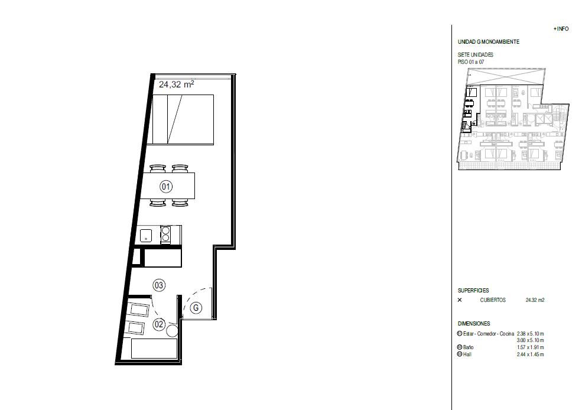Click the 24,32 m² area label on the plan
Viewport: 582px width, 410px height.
coord(176,84)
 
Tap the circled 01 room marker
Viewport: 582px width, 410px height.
coord(166,186)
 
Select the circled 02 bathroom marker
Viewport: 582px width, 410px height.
coord(159,324)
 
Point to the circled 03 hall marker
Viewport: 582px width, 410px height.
coord(159,285)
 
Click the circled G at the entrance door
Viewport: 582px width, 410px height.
coord(196,308)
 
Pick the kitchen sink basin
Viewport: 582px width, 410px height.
coord(146,236)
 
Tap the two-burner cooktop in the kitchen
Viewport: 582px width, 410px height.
coord(165,235)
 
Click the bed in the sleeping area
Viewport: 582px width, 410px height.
coord(180,119)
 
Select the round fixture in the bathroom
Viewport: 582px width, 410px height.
coord(172,330)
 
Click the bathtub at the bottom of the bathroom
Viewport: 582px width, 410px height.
coord(154,349)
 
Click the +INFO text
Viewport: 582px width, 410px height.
coord(561,28)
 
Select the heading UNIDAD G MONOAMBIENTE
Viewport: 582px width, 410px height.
coord(489,42)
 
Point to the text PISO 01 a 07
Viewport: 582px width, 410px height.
coord(471,62)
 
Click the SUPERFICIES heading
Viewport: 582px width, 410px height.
coord(473,291)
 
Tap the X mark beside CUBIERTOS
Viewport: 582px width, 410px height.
coord(460,300)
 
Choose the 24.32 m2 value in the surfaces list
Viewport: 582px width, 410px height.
coord(535,300)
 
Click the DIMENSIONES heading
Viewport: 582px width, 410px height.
coord(474,324)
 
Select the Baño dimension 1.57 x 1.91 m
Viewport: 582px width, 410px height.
coord(530,347)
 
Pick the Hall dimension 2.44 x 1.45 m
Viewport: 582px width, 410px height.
coord(530,354)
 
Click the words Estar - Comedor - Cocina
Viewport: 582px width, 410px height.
coord(489,334)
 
